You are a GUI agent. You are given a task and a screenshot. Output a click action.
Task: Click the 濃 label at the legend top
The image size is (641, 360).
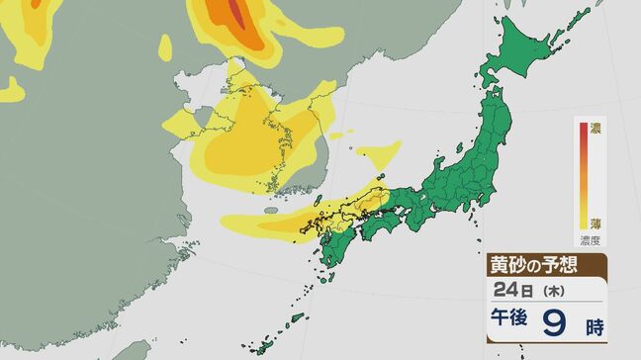coord(595,128)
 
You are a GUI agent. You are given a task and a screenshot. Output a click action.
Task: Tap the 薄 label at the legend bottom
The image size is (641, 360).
coord(595,224)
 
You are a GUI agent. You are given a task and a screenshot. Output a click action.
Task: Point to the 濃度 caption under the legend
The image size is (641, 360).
coord(595,239)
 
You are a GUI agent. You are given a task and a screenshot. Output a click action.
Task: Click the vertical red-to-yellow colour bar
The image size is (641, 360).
coord(583,176)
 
